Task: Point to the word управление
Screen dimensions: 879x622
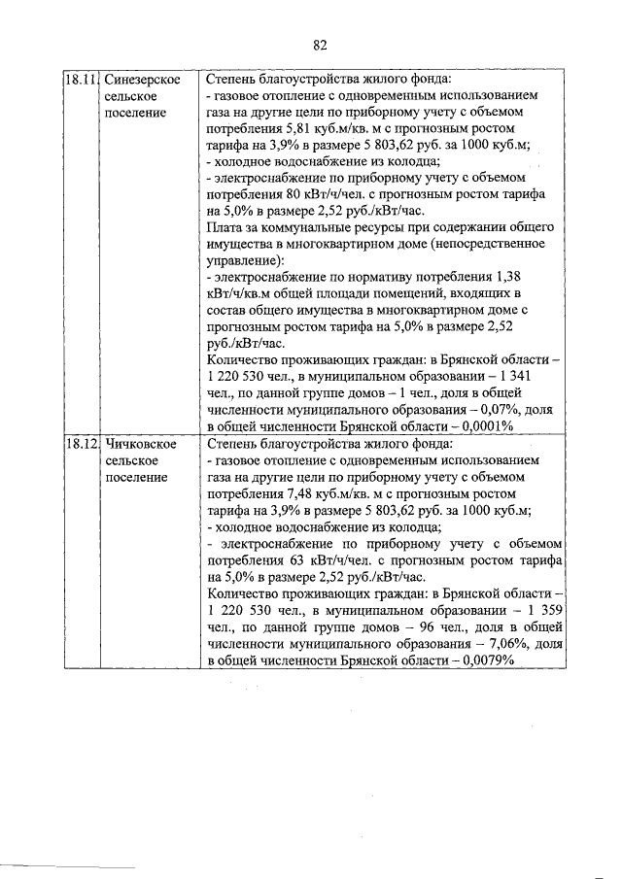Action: click(x=243, y=260)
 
